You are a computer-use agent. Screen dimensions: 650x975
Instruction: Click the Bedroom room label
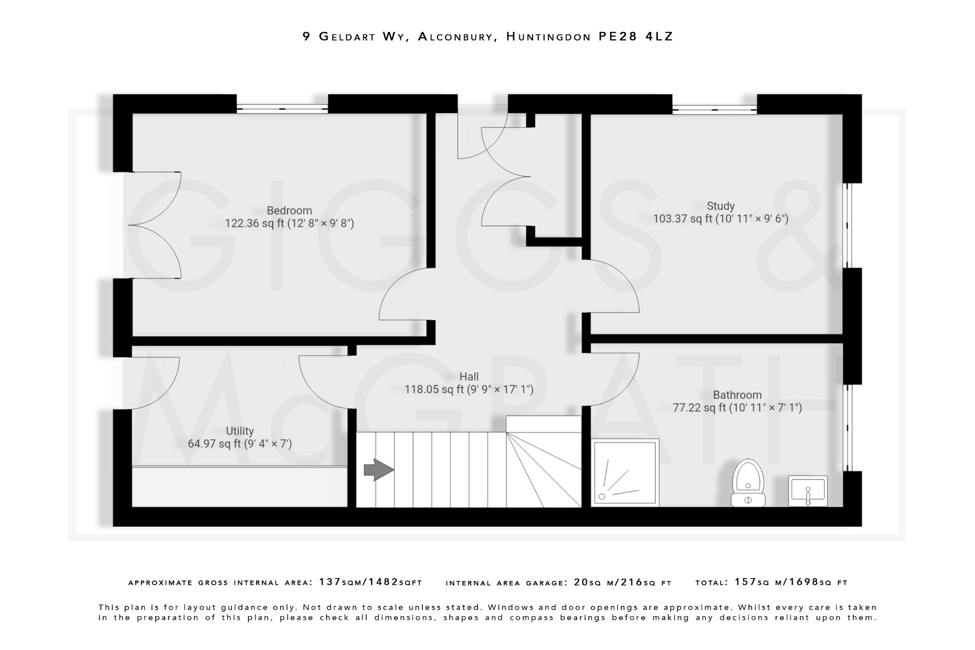click(x=289, y=210)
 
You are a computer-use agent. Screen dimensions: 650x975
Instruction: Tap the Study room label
click(x=720, y=206)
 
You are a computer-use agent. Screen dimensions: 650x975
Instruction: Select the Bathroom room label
click(x=737, y=395)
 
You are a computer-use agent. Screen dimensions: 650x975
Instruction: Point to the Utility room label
click(x=239, y=431)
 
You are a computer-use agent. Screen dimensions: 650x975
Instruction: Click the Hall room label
click(x=469, y=377)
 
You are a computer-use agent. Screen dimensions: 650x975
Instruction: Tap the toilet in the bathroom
click(x=748, y=482)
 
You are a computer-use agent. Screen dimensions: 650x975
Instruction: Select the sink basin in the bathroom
click(x=808, y=491)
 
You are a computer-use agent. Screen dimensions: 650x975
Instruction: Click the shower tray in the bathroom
click(x=625, y=472)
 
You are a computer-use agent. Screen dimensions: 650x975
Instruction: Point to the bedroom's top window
click(x=282, y=108)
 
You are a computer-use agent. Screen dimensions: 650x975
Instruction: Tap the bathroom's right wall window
click(x=847, y=427)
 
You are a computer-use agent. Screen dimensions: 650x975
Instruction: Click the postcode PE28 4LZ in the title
click(x=636, y=37)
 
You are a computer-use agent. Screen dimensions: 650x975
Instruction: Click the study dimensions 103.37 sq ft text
click(x=720, y=219)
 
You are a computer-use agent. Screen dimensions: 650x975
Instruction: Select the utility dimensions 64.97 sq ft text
click(x=239, y=444)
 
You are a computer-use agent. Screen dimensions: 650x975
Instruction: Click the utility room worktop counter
click(x=239, y=487)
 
